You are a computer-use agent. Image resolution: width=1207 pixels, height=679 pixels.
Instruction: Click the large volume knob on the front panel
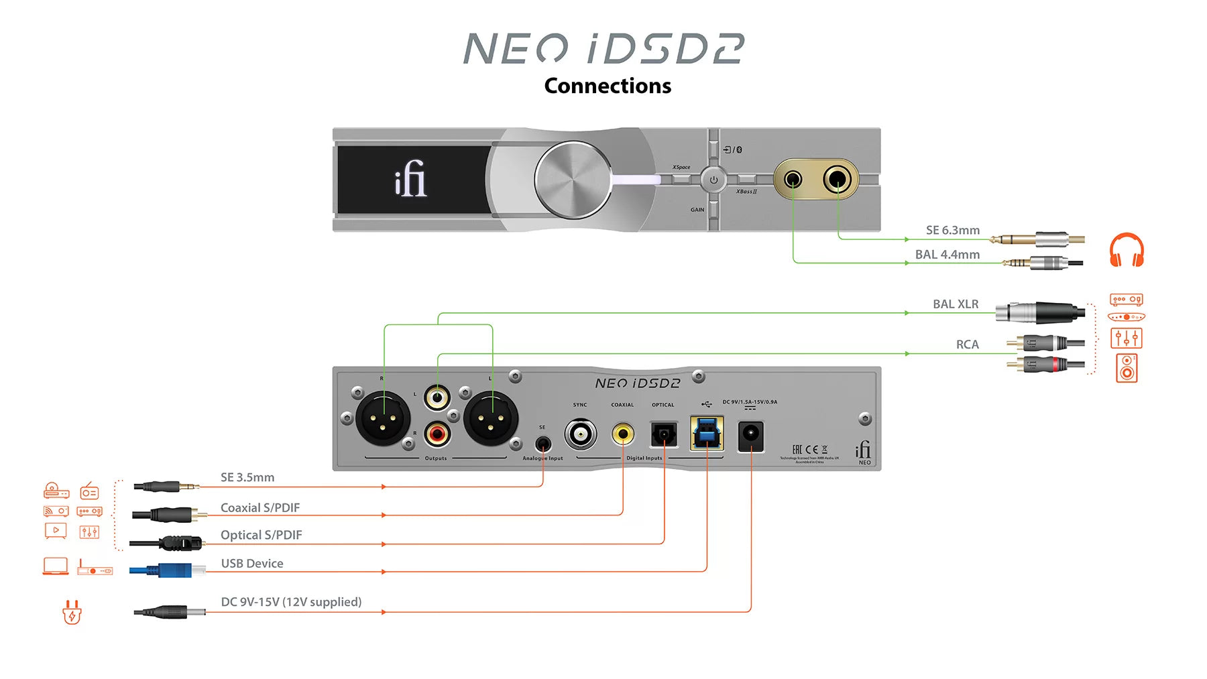tap(573, 180)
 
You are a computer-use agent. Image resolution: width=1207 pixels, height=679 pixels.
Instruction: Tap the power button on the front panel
tap(713, 180)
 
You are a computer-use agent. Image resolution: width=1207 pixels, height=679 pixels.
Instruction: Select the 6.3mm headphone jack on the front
tap(838, 179)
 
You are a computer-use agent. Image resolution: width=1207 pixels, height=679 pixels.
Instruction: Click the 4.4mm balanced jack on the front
tap(793, 180)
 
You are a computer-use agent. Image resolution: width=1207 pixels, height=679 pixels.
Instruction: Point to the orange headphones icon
tap(1127, 250)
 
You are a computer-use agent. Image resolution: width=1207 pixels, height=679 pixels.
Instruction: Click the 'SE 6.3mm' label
tap(952, 231)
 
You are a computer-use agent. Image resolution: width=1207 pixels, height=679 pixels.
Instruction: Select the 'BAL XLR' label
tap(955, 304)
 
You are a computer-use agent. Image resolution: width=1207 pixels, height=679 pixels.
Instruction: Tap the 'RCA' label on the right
tap(967, 345)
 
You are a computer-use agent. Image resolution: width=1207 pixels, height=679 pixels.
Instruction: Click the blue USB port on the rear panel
tap(707, 433)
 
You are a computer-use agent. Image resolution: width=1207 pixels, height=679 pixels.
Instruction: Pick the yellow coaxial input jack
tap(623, 434)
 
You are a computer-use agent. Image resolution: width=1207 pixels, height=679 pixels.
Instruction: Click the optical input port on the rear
tap(664, 434)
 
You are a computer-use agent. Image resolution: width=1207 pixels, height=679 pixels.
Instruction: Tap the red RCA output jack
tap(437, 434)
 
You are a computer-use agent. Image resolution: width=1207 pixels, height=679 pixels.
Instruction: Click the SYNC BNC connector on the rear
tap(580, 434)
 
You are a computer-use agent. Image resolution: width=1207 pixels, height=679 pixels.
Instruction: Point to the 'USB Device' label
tap(252, 564)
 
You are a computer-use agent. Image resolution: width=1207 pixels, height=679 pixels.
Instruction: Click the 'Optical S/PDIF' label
tap(262, 536)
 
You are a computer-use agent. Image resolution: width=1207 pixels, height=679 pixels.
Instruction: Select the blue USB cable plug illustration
tap(168, 571)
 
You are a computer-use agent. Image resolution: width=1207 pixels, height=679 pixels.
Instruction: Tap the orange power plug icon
tap(72, 612)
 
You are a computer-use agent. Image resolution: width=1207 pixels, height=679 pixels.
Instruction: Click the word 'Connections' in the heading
tap(608, 86)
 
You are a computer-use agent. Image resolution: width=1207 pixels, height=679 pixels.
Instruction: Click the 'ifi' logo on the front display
tap(410, 179)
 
